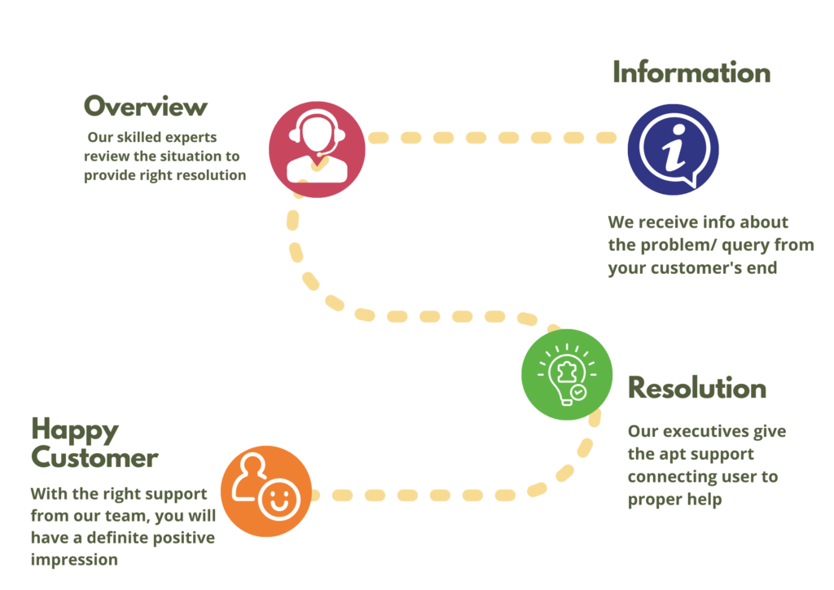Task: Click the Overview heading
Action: [146, 107]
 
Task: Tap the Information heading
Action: [691, 73]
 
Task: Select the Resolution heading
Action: [696, 389]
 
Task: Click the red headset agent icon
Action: [317, 149]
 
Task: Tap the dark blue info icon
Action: [673, 149]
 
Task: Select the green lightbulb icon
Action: [567, 375]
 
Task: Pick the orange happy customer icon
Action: [266, 491]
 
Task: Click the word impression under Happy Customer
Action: [74, 560]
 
